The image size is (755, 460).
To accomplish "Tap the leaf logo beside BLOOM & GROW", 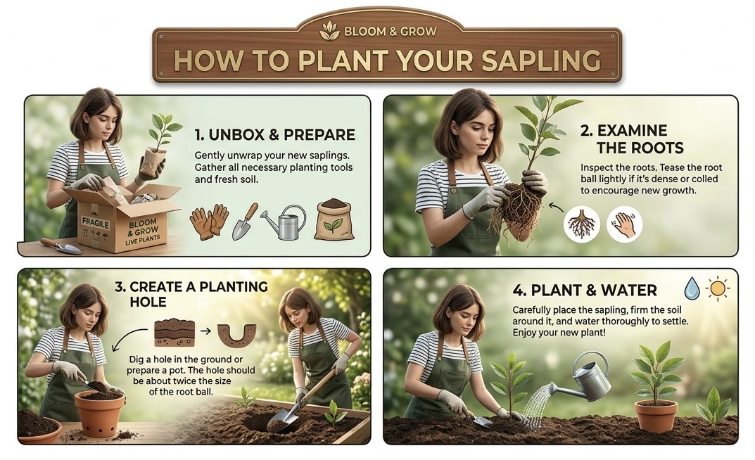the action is point(330,31).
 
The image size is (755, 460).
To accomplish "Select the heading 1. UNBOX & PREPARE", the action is point(275,135).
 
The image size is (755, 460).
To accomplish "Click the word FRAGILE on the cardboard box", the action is point(95,223).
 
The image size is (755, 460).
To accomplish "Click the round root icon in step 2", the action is point(582,224).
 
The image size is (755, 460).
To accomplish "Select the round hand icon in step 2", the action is point(625,224).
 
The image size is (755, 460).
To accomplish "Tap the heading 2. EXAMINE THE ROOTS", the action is point(633,139).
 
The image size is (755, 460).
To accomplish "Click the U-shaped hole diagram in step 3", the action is point(236,335).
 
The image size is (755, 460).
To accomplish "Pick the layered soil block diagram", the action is point(175,333).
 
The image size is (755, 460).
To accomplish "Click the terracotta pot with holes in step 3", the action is point(100,414).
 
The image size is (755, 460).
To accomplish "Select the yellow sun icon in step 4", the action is point(718,288).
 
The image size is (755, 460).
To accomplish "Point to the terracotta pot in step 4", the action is point(655,416).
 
